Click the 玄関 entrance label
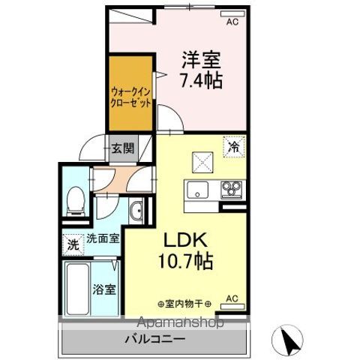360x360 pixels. (x=124, y=148)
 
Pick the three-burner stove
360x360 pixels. (x=231, y=189)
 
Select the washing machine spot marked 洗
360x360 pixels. (x=72, y=244)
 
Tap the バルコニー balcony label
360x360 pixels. (x=154, y=339)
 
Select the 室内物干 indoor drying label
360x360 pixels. (x=184, y=303)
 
